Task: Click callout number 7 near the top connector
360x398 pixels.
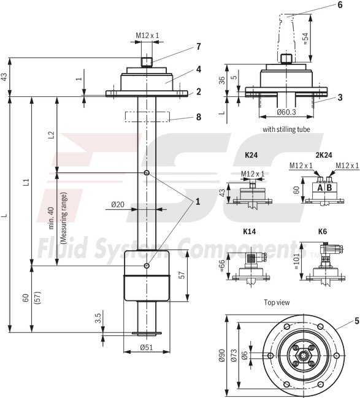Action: click(x=198, y=46)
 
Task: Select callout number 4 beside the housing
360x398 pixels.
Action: click(x=198, y=69)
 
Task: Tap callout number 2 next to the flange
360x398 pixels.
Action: click(x=198, y=92)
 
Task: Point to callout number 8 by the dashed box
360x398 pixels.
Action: click(x=198, y=117)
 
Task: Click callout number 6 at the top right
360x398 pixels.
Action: click(x=339, y=4)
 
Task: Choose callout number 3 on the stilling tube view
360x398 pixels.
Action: click(x=339, y=98)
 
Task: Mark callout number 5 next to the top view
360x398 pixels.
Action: click(x=356, y=320)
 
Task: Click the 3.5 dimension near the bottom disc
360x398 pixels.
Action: click(x=98, y=318)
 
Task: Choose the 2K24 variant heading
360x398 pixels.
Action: click(x=323, y=156)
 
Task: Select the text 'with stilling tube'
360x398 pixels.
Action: click(x=286, y=129)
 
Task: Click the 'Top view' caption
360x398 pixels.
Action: click(x=277, y=302)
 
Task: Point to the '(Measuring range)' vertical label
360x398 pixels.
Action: click(x=63, y=218)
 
